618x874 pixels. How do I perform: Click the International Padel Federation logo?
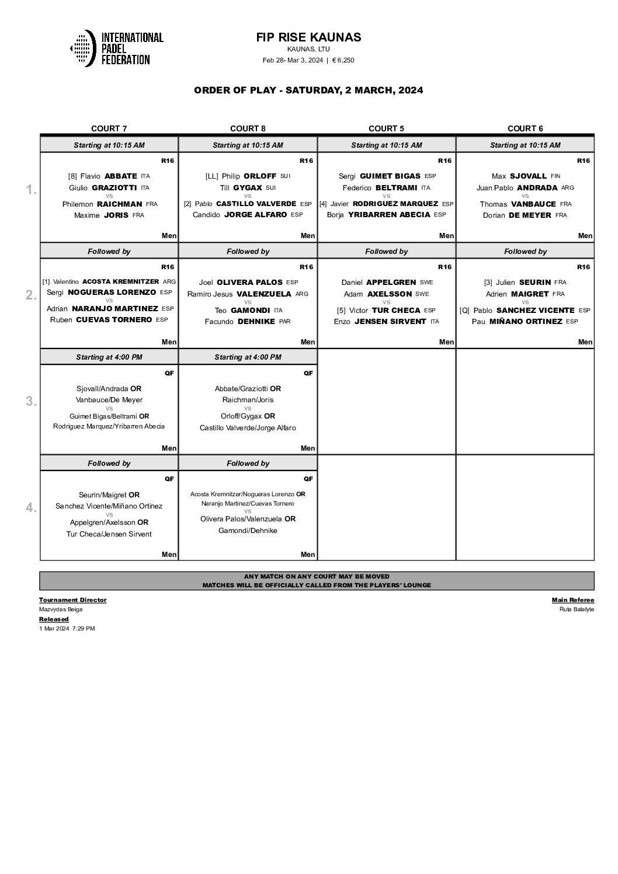[x=116, y=48]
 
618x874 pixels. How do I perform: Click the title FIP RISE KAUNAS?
[x=308, y=37]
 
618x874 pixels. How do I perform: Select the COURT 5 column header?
[x=386, y=128]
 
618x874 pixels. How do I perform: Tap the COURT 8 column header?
[x=248, y=128]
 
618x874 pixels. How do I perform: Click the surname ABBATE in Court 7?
[x=121, y=176]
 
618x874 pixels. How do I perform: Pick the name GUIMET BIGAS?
[x=390, y=176]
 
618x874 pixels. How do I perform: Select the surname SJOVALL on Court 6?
[x=528, y=176]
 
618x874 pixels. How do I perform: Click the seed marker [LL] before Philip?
[x=211, y=176]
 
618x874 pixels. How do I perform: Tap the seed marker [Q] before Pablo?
[x=464, y=310]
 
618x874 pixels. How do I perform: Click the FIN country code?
[x=555, y=176]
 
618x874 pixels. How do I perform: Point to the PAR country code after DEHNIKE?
[x=284, y=322]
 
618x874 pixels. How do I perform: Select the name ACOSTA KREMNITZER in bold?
[x=120, y=281]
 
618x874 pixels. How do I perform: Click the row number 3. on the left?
[x=31, y=401]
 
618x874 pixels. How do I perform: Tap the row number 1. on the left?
[x=31, y=190]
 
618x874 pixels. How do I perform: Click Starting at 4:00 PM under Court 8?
[x=248, y=357]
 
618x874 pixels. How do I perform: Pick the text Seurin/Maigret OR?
[x=109, y=495]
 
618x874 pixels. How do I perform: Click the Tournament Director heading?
[x=72, y=600]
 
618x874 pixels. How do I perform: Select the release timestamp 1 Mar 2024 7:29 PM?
[x=67, y=628]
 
